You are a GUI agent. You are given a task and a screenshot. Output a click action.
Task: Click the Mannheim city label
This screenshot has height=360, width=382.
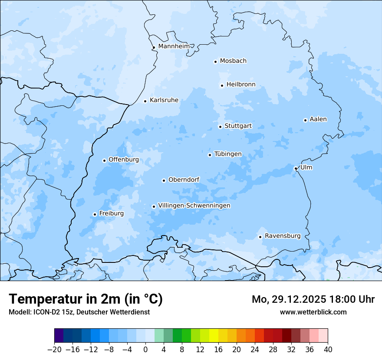tap(174, 46)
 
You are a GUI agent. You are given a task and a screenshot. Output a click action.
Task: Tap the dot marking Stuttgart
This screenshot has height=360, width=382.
tap(220, 127)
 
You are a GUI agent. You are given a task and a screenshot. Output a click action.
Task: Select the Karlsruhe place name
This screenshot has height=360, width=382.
tap(164, 100)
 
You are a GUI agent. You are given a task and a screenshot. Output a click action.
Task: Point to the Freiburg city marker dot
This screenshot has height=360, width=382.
tap(95, 214)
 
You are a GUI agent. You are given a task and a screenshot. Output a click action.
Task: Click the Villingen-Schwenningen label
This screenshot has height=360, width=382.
tap(194, 206)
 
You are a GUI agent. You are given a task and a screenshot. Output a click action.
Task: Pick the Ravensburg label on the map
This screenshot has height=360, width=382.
tap(282, 236)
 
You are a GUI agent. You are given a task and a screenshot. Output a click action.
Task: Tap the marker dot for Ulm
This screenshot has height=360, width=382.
tap(296, 168)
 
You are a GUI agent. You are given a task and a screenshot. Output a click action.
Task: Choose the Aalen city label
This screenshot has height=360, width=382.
tap(318, 119)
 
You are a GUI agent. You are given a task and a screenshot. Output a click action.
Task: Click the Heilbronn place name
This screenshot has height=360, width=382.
tap(241, 85)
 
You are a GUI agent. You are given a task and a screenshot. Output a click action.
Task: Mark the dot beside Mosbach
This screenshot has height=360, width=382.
tap(215, 62)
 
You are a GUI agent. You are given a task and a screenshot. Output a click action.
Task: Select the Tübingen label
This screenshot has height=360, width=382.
tap(228, 154)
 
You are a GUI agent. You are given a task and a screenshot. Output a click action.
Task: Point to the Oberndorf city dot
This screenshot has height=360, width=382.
tap(164, 180)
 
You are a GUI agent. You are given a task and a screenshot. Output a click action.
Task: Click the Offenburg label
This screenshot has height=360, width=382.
tap(124, 160)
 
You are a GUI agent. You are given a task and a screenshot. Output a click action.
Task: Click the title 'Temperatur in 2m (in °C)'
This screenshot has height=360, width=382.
tap(86, 299)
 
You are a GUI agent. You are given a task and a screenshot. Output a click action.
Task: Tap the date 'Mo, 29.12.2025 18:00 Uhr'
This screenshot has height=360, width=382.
tap(313, 299)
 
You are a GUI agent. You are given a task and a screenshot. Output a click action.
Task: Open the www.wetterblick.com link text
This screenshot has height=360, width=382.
tap(313, 312)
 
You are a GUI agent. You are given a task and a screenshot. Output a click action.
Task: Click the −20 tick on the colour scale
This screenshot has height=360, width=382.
tap(55, 349)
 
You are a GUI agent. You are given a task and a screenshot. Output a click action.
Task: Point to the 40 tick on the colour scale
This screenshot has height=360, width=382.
tap(328, 349)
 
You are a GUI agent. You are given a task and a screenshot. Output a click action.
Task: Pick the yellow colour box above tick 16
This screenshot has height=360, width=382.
tap(218, 336)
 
